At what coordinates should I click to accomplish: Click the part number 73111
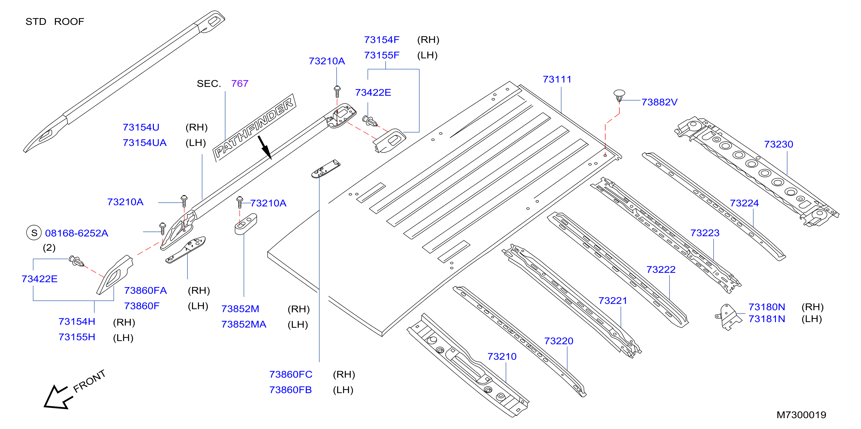(557, 79)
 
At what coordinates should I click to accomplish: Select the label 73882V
(659, 102)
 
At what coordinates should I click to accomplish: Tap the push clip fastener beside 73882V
(619, 95)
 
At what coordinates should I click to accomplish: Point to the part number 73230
(778, 144)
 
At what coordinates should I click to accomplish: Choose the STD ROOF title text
(55, 22)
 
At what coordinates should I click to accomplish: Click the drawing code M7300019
(801, 415)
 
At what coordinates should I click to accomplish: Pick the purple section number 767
(240, 83)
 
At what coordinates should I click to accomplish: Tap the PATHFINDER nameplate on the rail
(254, 127)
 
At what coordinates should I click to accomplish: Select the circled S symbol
(34, 233)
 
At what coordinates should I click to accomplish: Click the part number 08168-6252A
(76, 233)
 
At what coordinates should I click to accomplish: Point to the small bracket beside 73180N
(728, 317)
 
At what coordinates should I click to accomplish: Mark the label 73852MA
(244, 324)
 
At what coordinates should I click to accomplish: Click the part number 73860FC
(291, 374)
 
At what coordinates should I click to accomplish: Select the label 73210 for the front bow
(502, 356)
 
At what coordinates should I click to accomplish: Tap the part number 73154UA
(144, 143)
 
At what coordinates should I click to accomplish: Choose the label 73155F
(382, 55)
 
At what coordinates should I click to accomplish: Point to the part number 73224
(744, 203)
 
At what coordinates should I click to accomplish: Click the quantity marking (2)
(49, 248)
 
